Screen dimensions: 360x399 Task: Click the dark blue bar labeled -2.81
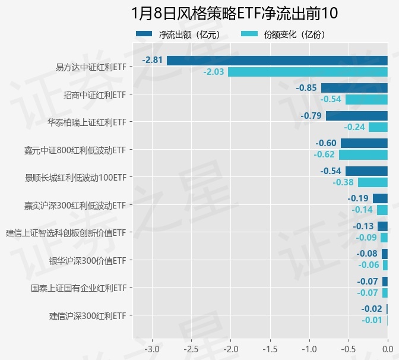277,61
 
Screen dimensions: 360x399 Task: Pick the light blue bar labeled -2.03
308,72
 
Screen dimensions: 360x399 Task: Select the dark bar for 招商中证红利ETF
354,88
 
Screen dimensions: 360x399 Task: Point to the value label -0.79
311,116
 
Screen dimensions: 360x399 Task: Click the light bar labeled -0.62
363,154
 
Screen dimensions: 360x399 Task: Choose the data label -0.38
343,182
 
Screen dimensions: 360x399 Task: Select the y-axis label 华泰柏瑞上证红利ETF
87,122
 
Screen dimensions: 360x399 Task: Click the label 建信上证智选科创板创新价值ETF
66,232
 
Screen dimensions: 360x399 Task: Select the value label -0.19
358,198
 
